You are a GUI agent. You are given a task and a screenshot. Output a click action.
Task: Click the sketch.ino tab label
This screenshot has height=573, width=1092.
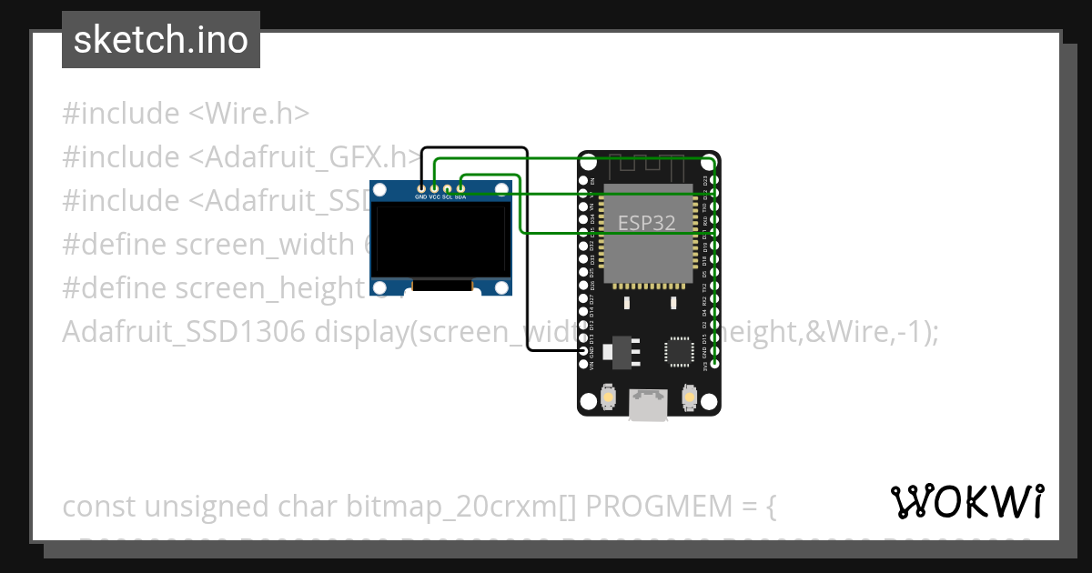click(160, 40)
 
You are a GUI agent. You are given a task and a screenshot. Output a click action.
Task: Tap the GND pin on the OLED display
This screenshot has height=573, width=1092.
click(420, 187)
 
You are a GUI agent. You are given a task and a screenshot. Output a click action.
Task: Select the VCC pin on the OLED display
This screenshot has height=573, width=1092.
click(434, 187)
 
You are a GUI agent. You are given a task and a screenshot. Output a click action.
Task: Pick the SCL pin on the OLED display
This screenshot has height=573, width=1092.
click(448, 187)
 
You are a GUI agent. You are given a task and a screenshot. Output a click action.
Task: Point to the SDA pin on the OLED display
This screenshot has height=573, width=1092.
click(461, 187)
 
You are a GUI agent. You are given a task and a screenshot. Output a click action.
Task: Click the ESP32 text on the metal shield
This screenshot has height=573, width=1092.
click(647, 223)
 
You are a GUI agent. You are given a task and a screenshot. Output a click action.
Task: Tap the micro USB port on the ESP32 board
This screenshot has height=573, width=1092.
click(648, 404)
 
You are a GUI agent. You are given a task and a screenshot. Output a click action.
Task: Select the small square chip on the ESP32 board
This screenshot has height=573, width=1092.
click(678, 352)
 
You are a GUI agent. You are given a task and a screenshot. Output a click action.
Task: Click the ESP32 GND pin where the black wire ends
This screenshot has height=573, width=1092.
click(583, 351)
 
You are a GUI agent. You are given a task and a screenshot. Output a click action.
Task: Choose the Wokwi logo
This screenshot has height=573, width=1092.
click(966, 501)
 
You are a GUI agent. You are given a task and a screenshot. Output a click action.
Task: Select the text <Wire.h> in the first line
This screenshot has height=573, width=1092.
click(249, 114)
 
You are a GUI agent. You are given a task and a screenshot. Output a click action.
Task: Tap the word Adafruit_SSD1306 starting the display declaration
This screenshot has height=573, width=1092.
click(184, 332)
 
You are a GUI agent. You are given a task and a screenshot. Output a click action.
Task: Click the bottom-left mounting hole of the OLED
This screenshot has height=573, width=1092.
click(381, 287)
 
